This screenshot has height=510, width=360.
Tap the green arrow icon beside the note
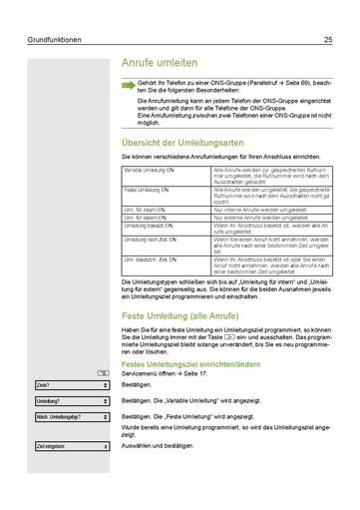[128, 85]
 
